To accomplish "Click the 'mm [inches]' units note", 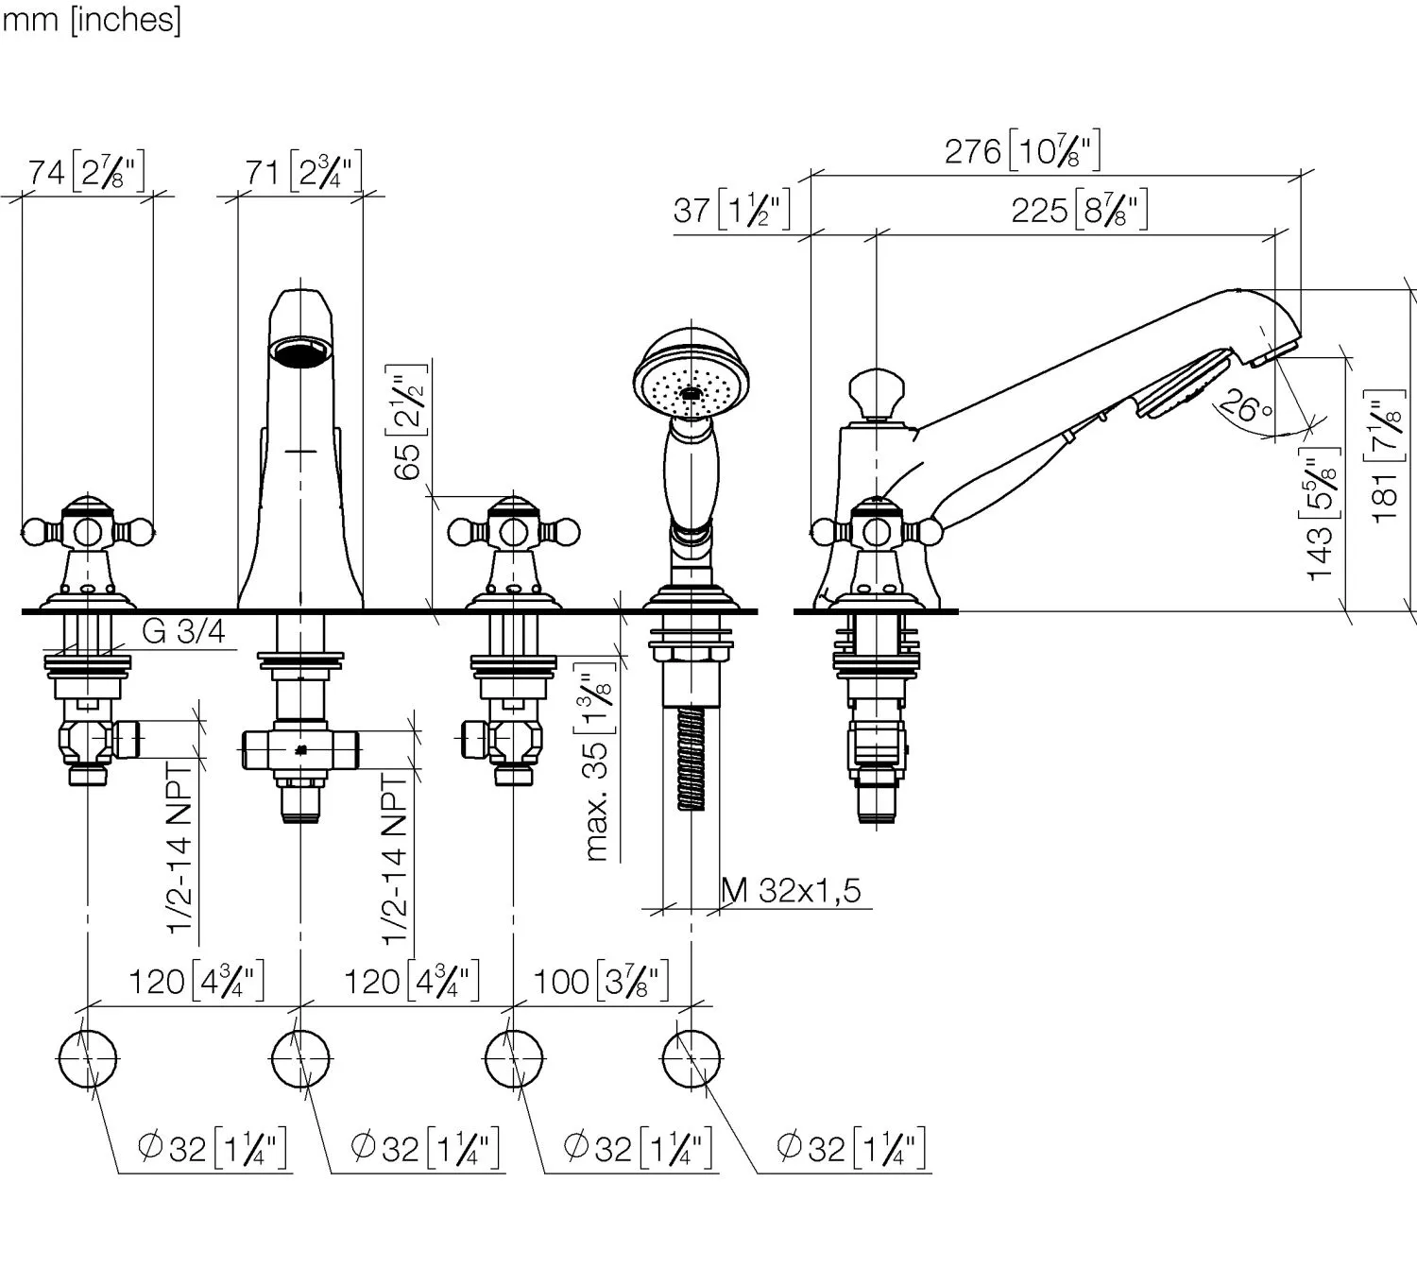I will pyautogui.click(x=91, y=19).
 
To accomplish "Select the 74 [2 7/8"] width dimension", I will pyautogui.click(x=86, y=172).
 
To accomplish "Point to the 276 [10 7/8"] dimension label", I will pyautogui.click(x=1023, y=151).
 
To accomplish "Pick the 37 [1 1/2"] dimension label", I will pyautogui.click(x=731, y=209).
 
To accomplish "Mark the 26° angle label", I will pyautogui.click(x=1246, y=407).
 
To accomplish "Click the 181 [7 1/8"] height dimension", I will pyautogui.click(x=1386, y=456).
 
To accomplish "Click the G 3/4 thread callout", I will pyautogui.click(x=184, y=631).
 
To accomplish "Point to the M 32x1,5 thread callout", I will pyautogui.click(x=792, y=890).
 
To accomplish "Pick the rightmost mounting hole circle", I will pyautogui.click(x=691, y=1059).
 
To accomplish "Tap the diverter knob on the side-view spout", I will pyautogui.click(x=875, y=391).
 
